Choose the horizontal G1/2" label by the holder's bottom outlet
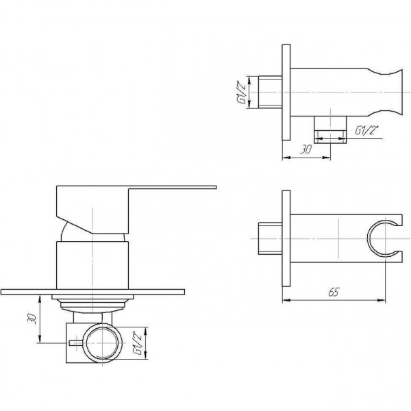(366, 128)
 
